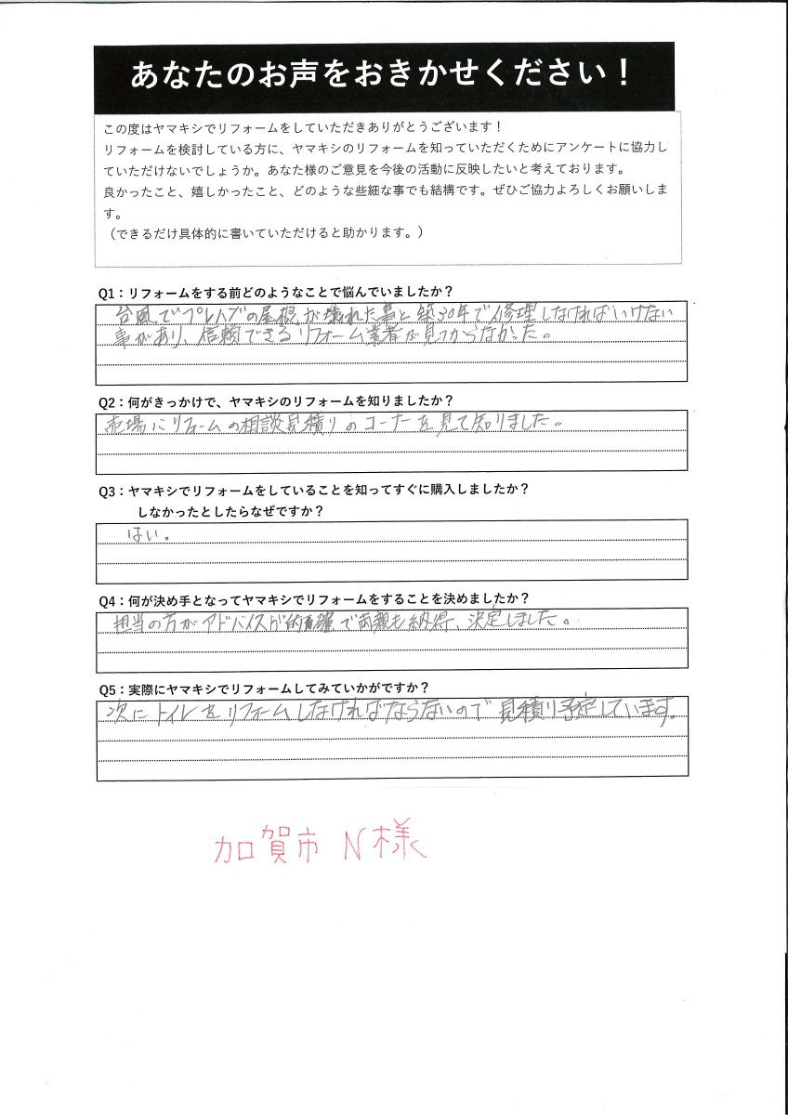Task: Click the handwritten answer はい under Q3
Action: pyautogui.click(x=138, y=536)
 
